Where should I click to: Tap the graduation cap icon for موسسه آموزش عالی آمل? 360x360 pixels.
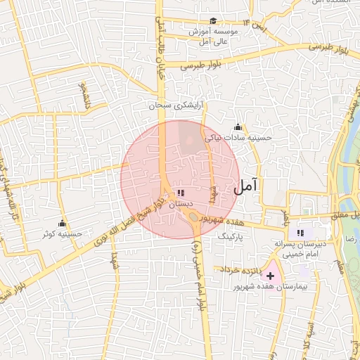[x=213, y=21]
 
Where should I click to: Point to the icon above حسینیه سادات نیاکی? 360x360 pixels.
[x=238, y=127]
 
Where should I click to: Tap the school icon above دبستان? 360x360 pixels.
[x=181, y=192]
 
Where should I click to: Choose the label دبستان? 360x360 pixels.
[x=180, y=203]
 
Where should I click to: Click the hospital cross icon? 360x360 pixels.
[x=271, y=276]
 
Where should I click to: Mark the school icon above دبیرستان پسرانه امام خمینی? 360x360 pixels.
[x=300, y=233]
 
